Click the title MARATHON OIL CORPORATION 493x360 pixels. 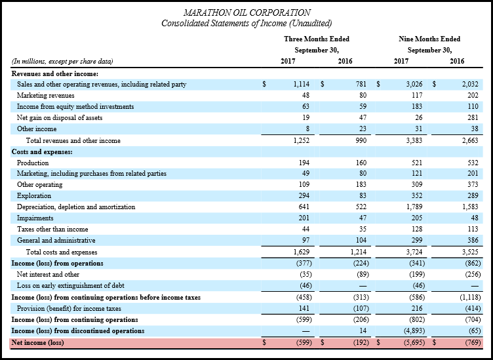click(247, 12)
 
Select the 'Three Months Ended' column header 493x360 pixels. click(317, 39)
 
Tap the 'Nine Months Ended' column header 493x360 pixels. click(429, 39)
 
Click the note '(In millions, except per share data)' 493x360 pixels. click(62, 61)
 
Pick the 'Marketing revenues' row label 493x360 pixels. click(46, 95)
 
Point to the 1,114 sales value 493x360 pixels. click(301, 84)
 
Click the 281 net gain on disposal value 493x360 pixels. click(473, 117)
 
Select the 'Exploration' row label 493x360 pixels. click(34, 195)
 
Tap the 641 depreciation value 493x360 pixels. click(304, 207)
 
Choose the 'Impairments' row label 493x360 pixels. click(35, 218)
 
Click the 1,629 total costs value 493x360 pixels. click(301, 252)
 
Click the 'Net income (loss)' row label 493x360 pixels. click(38, 342)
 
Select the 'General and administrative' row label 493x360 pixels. click(56, 241)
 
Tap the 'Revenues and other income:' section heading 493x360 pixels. click(55, 74)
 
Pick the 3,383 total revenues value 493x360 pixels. click(414, 140)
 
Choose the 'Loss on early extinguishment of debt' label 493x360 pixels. click(70, 285)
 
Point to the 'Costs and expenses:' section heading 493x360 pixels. click(42, 152)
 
